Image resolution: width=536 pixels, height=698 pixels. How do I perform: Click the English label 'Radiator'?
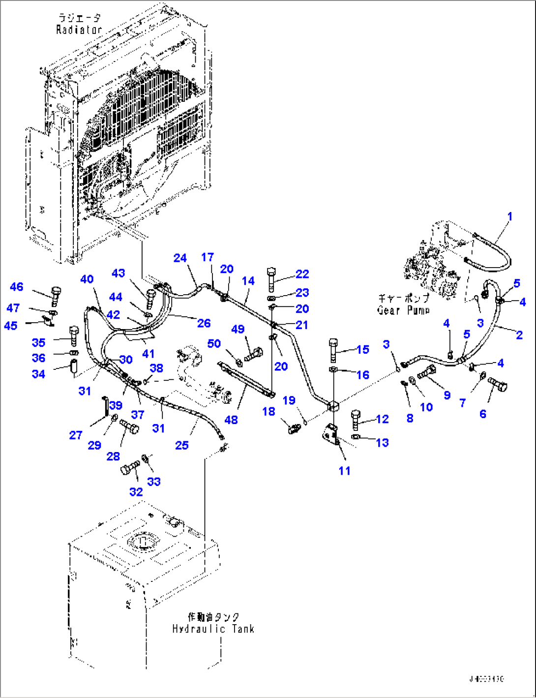tap(79, 30)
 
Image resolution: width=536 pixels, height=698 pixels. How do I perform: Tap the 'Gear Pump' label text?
tap(403, 310)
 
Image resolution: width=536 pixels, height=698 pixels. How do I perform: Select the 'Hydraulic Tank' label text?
tap(213, 629)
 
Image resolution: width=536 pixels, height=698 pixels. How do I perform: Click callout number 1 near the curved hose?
tap(510, 216)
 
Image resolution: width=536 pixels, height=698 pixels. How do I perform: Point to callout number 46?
tap(17, 287)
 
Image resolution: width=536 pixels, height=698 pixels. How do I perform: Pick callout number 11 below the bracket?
tap(344, 471)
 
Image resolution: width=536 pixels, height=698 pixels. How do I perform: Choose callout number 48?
tap(231, 420)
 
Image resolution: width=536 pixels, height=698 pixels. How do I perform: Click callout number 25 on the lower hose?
tap(182, 445)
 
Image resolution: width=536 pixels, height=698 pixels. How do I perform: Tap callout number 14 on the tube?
tap(248, 281)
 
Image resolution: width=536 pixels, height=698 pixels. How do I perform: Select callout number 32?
tap(136, 491)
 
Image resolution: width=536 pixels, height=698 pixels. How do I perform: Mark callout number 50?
tap(214, 343)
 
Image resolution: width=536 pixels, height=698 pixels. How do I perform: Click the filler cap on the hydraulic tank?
tap(173, 521)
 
